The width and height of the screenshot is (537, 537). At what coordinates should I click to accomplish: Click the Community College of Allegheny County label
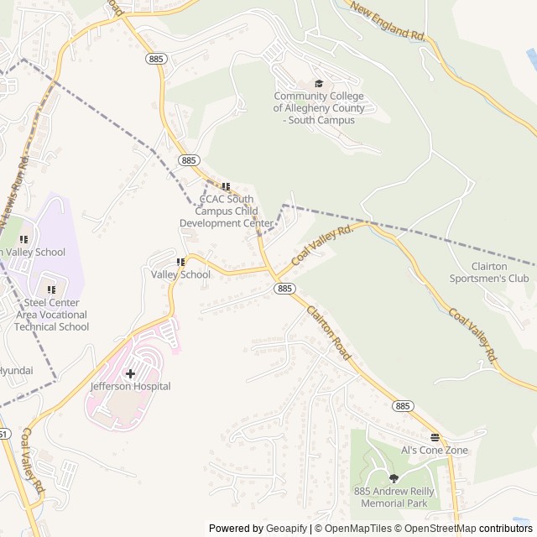pyautogui.click(x=319, y=107)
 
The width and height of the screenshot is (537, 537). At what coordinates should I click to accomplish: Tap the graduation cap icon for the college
pyautogui.click(x=319, y=83)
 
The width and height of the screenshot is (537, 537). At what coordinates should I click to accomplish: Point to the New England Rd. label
pyautogui.click(x=388, y=22)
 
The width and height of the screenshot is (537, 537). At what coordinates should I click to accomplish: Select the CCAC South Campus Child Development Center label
pyautogui.click(x=227, y=211)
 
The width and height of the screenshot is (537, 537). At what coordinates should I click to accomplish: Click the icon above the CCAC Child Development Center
pyautogui.click(x=225, y=186)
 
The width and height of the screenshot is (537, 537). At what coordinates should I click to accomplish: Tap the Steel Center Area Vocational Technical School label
pyautogui.click(x=51, y=315)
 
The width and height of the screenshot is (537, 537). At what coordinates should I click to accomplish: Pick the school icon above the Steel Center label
pyautogui.click(x=51, y=289)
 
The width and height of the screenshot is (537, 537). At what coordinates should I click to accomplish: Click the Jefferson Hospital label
pyautogui.click(x=130, y=387)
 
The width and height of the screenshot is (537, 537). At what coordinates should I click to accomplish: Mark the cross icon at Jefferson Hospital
pyautogui.click(x=130, y=373)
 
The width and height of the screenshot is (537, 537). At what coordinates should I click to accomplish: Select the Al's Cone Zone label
pyautogui.click(x=435, y=451)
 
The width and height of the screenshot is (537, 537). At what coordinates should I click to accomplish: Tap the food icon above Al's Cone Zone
pyautogui.click(x=435, y=437)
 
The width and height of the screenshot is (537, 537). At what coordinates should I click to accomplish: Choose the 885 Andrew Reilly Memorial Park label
pyautogui.click(x=394, y=497)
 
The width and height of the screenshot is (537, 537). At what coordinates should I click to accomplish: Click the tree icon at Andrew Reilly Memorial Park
pyautogui.click(x=394, y=478)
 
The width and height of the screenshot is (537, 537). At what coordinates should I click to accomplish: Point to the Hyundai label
pyautogui.click(x=16, y=370)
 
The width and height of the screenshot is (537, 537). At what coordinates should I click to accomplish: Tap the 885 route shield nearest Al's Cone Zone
pyautogui.click(x=403, y=406)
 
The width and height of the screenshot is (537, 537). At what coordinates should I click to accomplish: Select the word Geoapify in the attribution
pyautogui.click(x=286, y=529)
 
